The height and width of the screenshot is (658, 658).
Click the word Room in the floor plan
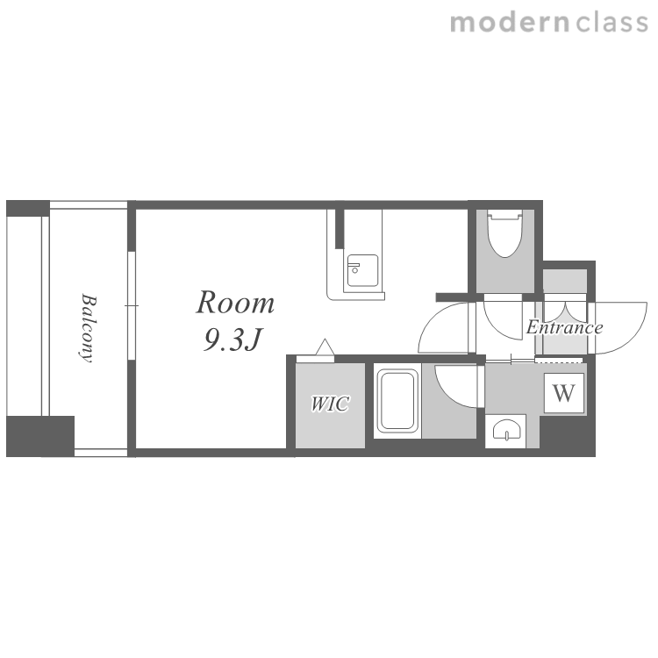pos(235,302)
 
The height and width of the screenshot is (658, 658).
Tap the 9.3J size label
pos(232,340)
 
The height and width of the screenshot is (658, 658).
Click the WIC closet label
pos(330,404)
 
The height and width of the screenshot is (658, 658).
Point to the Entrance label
pos(564,327)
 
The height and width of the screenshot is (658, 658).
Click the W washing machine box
pos(564,393)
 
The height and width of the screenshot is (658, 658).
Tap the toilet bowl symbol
pos(504,233)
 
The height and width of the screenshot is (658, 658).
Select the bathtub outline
pos(397,401)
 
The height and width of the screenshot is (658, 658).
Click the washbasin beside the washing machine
pos(506,430)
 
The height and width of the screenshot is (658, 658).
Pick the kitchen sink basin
pos(362,271)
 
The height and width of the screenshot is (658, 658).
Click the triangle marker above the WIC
pos(325,347)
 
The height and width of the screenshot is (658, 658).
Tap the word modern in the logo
pos(510,23)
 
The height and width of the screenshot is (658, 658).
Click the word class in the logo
pos(612,23)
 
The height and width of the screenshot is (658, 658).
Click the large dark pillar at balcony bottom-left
pos(40,436)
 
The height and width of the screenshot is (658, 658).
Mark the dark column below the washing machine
pos(568,435)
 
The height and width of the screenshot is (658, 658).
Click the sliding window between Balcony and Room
pos(132,305)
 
